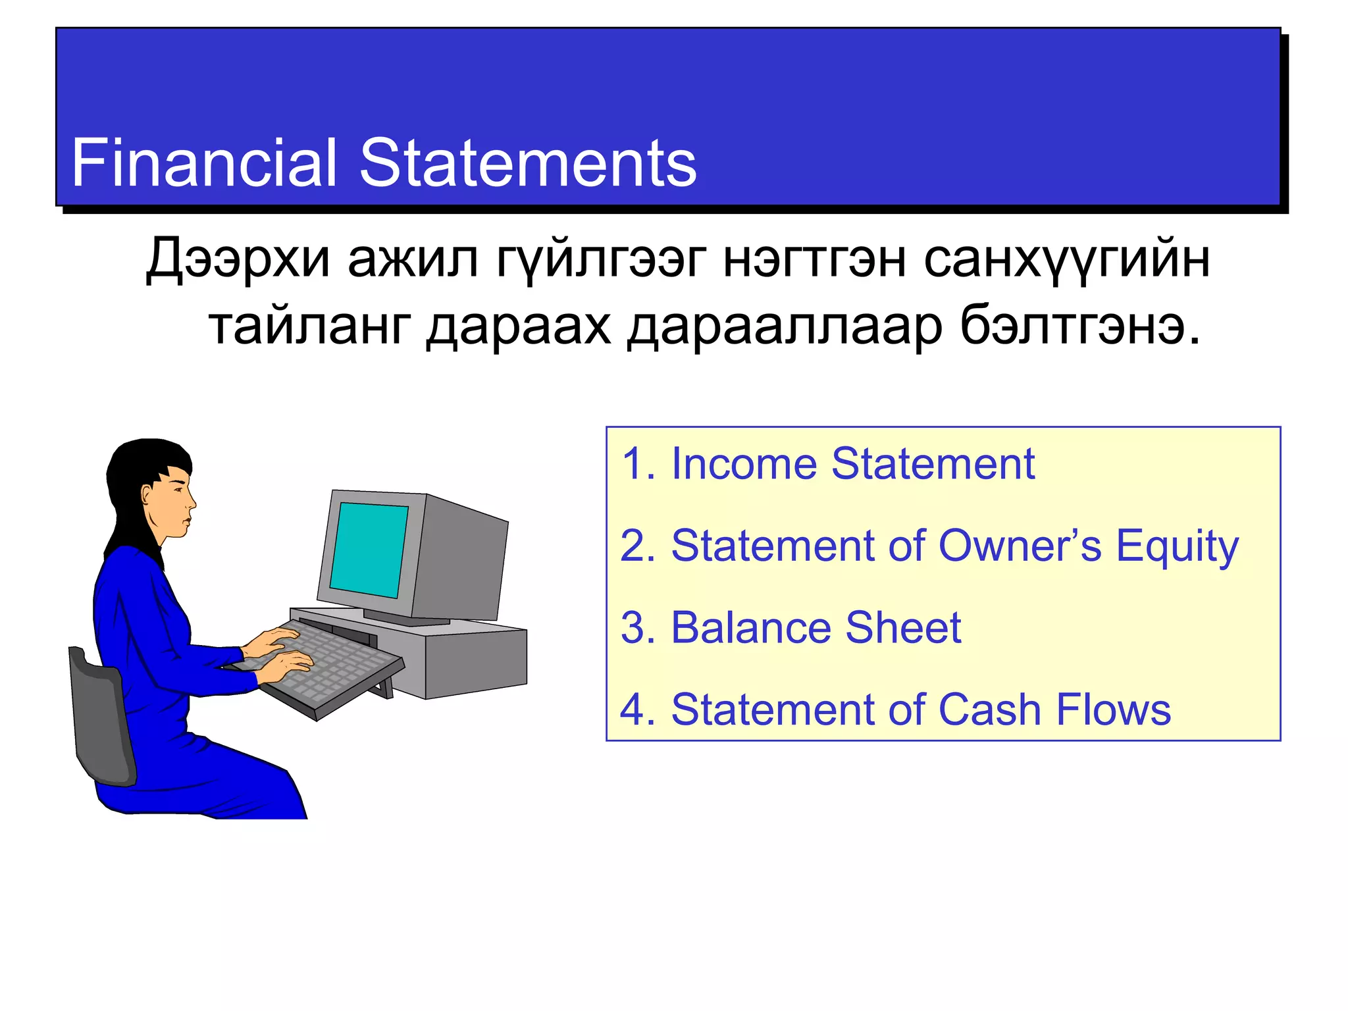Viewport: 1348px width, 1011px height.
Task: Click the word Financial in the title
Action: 204,163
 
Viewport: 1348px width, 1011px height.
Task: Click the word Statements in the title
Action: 528,163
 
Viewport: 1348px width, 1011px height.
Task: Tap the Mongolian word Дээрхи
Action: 238,259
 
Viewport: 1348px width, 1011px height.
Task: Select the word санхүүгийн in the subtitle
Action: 1066,259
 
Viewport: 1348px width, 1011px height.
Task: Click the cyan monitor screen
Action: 369,549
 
